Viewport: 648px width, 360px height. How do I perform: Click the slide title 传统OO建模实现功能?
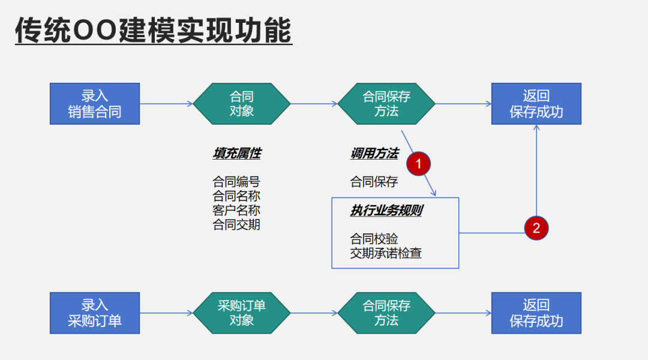click(154, 31)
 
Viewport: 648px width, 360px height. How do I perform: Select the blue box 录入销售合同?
click(95, 104)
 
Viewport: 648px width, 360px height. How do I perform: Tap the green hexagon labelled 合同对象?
click(242, 104)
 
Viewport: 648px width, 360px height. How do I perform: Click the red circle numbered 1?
click(419, 163)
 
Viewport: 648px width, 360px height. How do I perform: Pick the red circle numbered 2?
click(536, 228)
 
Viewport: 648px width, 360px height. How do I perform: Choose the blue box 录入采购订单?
click(95, 313)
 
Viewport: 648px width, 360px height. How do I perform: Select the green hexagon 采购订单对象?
click(242, 313)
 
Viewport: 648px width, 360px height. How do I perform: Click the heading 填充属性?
click(236, 154)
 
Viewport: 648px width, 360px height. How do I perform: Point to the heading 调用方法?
click(374, 154)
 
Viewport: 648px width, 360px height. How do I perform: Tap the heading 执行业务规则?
click(386, 211)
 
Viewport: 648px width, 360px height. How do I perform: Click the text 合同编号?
click(236, 182)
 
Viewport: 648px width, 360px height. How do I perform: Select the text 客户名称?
click(236, 211)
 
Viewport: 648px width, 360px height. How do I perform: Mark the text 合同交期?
click(236, 225)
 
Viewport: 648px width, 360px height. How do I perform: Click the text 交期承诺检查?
click(386, 253)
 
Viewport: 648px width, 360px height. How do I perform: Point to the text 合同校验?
click(374, 239)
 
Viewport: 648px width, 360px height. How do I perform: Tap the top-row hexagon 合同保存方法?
click(386, 104)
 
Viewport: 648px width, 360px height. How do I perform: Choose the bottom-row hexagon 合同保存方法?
click(386, 313)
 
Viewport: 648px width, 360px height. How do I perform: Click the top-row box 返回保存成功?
click(536, 104)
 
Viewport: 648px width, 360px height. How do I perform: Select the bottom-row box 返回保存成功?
click(536, 313)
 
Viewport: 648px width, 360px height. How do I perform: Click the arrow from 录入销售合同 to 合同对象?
click(166, 104)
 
